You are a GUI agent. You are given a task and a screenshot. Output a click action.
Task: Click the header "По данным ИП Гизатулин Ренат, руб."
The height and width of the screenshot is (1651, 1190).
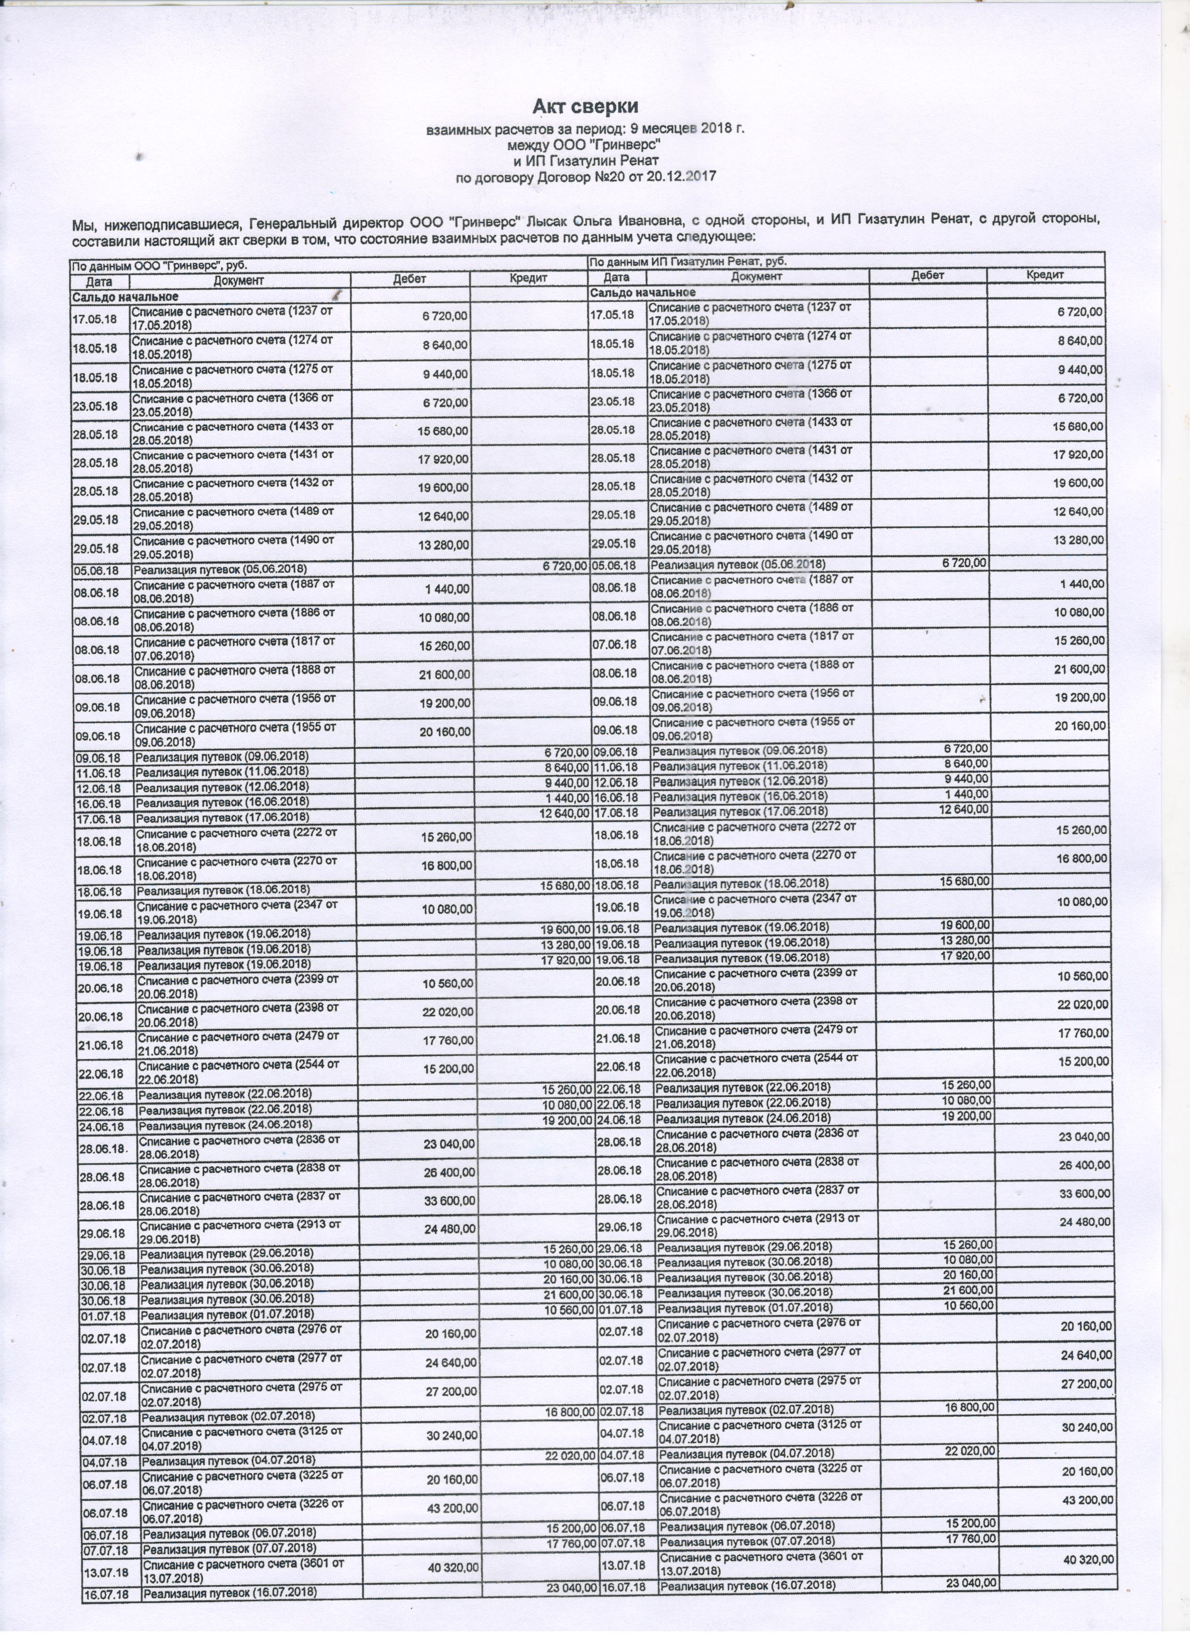[x=688, y=261]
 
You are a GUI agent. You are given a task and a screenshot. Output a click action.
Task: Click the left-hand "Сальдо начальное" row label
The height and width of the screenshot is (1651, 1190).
[x=124, y=296]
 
